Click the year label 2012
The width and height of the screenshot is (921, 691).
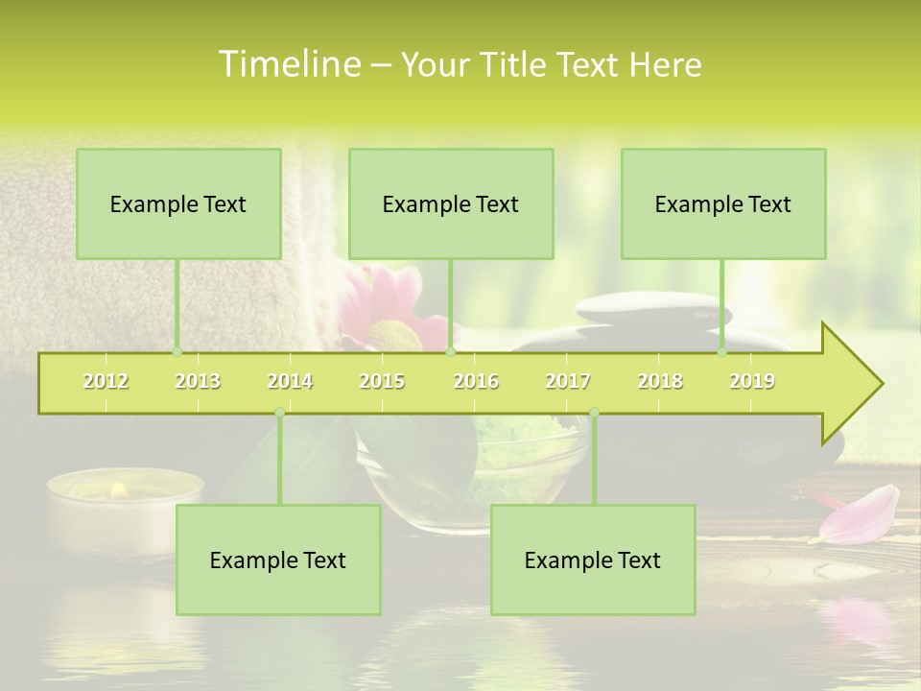106,381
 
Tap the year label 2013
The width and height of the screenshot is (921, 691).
198,381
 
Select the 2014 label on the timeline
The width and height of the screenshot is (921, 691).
290,381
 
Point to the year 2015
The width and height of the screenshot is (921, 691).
382,381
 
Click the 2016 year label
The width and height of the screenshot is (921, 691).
476,381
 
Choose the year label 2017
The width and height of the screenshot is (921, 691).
568,381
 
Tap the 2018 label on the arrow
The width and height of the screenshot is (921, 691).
660,381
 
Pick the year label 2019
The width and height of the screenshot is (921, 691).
752,381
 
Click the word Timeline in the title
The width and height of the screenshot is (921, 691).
288,64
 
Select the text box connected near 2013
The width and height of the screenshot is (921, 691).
178,203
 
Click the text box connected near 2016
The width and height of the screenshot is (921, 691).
451,203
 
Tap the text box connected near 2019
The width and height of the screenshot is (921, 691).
723,203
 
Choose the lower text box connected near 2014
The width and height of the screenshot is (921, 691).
278,560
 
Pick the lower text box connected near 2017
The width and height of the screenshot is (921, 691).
593,560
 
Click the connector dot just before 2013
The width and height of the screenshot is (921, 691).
177,351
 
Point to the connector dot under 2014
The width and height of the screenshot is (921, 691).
279,413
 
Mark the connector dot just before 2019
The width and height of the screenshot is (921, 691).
721,351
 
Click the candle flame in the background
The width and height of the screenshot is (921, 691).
119,490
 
